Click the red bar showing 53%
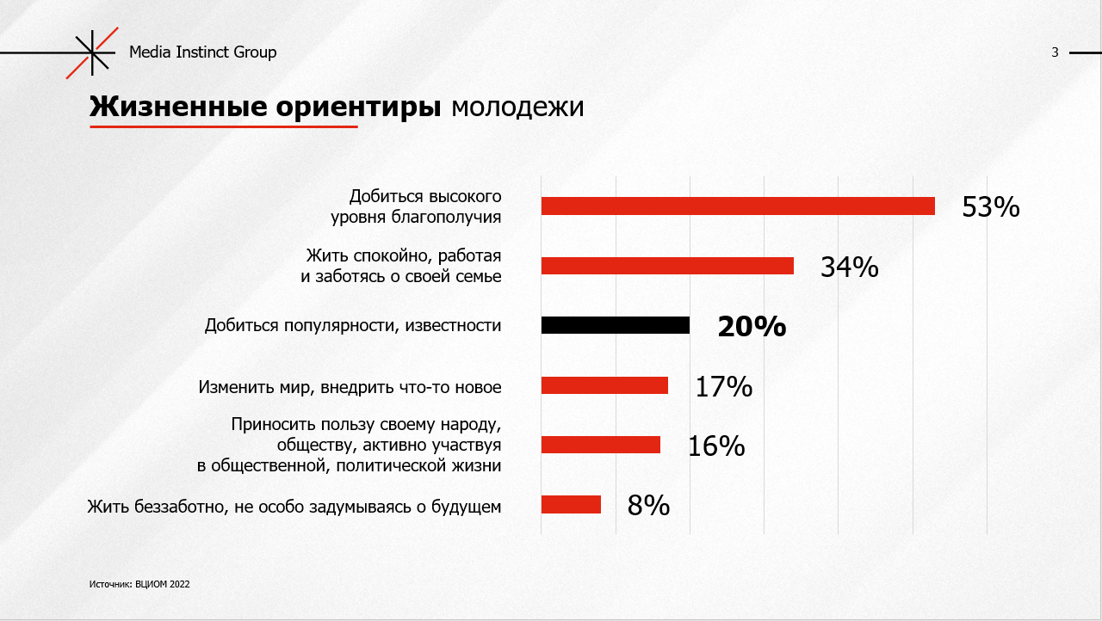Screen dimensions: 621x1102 click(738, 206)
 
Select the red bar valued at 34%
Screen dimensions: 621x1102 click(667, 266)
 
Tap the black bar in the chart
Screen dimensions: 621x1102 click(616, 325)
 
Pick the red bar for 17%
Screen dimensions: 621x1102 click(604, 385)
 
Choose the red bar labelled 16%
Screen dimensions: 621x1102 click(601, 445)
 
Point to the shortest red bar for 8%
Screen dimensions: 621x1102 click(571, 505)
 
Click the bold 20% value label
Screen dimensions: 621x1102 click(752, 327)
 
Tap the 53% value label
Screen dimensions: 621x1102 click(990, 207)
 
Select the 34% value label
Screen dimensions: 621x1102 click(849, 267)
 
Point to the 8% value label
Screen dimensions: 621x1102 click(648, 506)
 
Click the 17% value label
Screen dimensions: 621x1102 click(723, 387)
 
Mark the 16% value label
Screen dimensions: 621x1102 click(715, 446)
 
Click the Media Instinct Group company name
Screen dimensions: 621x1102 click(203, 52)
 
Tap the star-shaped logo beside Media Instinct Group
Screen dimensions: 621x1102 click(91, 52)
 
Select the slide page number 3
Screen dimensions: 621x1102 click(1055, 52)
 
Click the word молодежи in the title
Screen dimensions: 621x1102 click(517, 107)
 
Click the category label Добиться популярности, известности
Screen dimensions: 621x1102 click(353, 325)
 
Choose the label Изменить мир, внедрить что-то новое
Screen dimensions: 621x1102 click(350, 387)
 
